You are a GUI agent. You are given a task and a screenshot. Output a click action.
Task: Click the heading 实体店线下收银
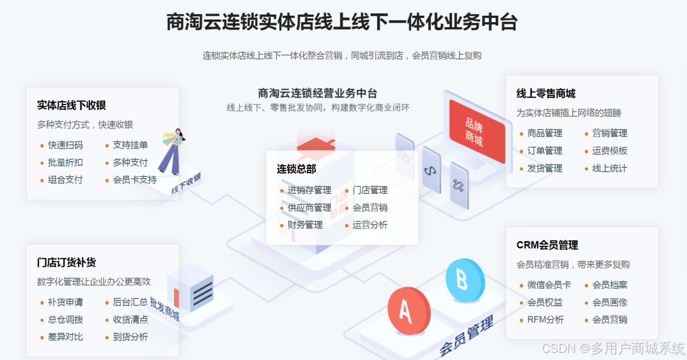click(71, 106)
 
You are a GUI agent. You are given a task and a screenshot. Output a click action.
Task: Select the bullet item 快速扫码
click(66, 145)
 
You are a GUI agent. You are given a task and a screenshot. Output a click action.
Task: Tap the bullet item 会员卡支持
click(135, 180)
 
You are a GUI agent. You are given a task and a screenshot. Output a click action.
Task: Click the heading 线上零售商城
click(546, 94)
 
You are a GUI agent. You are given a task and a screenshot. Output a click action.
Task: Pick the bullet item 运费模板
click(610, 150)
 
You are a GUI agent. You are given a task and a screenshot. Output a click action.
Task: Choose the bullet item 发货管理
click(545, 168)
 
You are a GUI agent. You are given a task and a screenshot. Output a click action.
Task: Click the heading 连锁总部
click(296, 169)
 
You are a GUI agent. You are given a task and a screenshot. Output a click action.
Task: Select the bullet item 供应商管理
click(309, 207)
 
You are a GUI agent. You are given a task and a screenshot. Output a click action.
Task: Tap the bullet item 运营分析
click(370, 225)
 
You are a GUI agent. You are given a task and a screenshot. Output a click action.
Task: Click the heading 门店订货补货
click(67, 263)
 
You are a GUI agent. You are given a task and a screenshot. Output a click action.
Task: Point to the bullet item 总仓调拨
click(66, 319)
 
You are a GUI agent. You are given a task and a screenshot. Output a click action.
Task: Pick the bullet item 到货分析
click(130, 337)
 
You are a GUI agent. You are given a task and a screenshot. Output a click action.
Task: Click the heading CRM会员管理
click(547, 245)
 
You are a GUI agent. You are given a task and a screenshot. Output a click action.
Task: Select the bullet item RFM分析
click(545, 319)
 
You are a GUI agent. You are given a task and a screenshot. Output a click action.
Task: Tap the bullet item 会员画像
click(610, 302)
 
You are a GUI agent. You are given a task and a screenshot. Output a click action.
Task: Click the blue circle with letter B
click(464, 280)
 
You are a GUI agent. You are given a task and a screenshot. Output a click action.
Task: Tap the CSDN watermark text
click(613, 348)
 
